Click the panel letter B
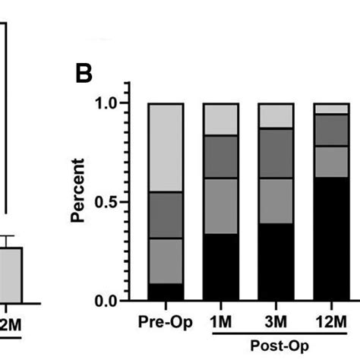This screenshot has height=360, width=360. pos(84,74)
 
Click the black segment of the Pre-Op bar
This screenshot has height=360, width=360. pos(166,292)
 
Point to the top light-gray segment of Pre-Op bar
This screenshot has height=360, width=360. pos(166,147)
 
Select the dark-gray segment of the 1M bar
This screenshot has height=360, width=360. pos(220,157)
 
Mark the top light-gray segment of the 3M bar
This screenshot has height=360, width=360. pos(276,115)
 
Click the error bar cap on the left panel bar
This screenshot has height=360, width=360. pos(8,236)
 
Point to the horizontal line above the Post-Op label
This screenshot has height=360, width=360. pos(276,331)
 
